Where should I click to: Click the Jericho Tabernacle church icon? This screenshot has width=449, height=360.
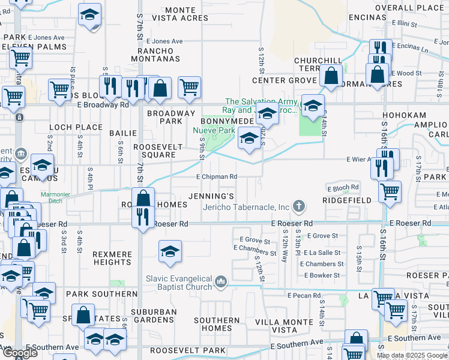(298, 207)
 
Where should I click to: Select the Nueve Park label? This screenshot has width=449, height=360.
(213, 130)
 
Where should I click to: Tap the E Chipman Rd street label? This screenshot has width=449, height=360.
(217, 177)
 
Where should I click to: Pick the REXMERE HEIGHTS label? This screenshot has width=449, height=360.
(112, 258)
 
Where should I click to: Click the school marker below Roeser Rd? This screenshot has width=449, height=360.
(170, 251)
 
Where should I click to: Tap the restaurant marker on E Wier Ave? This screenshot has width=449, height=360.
(382, 168)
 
